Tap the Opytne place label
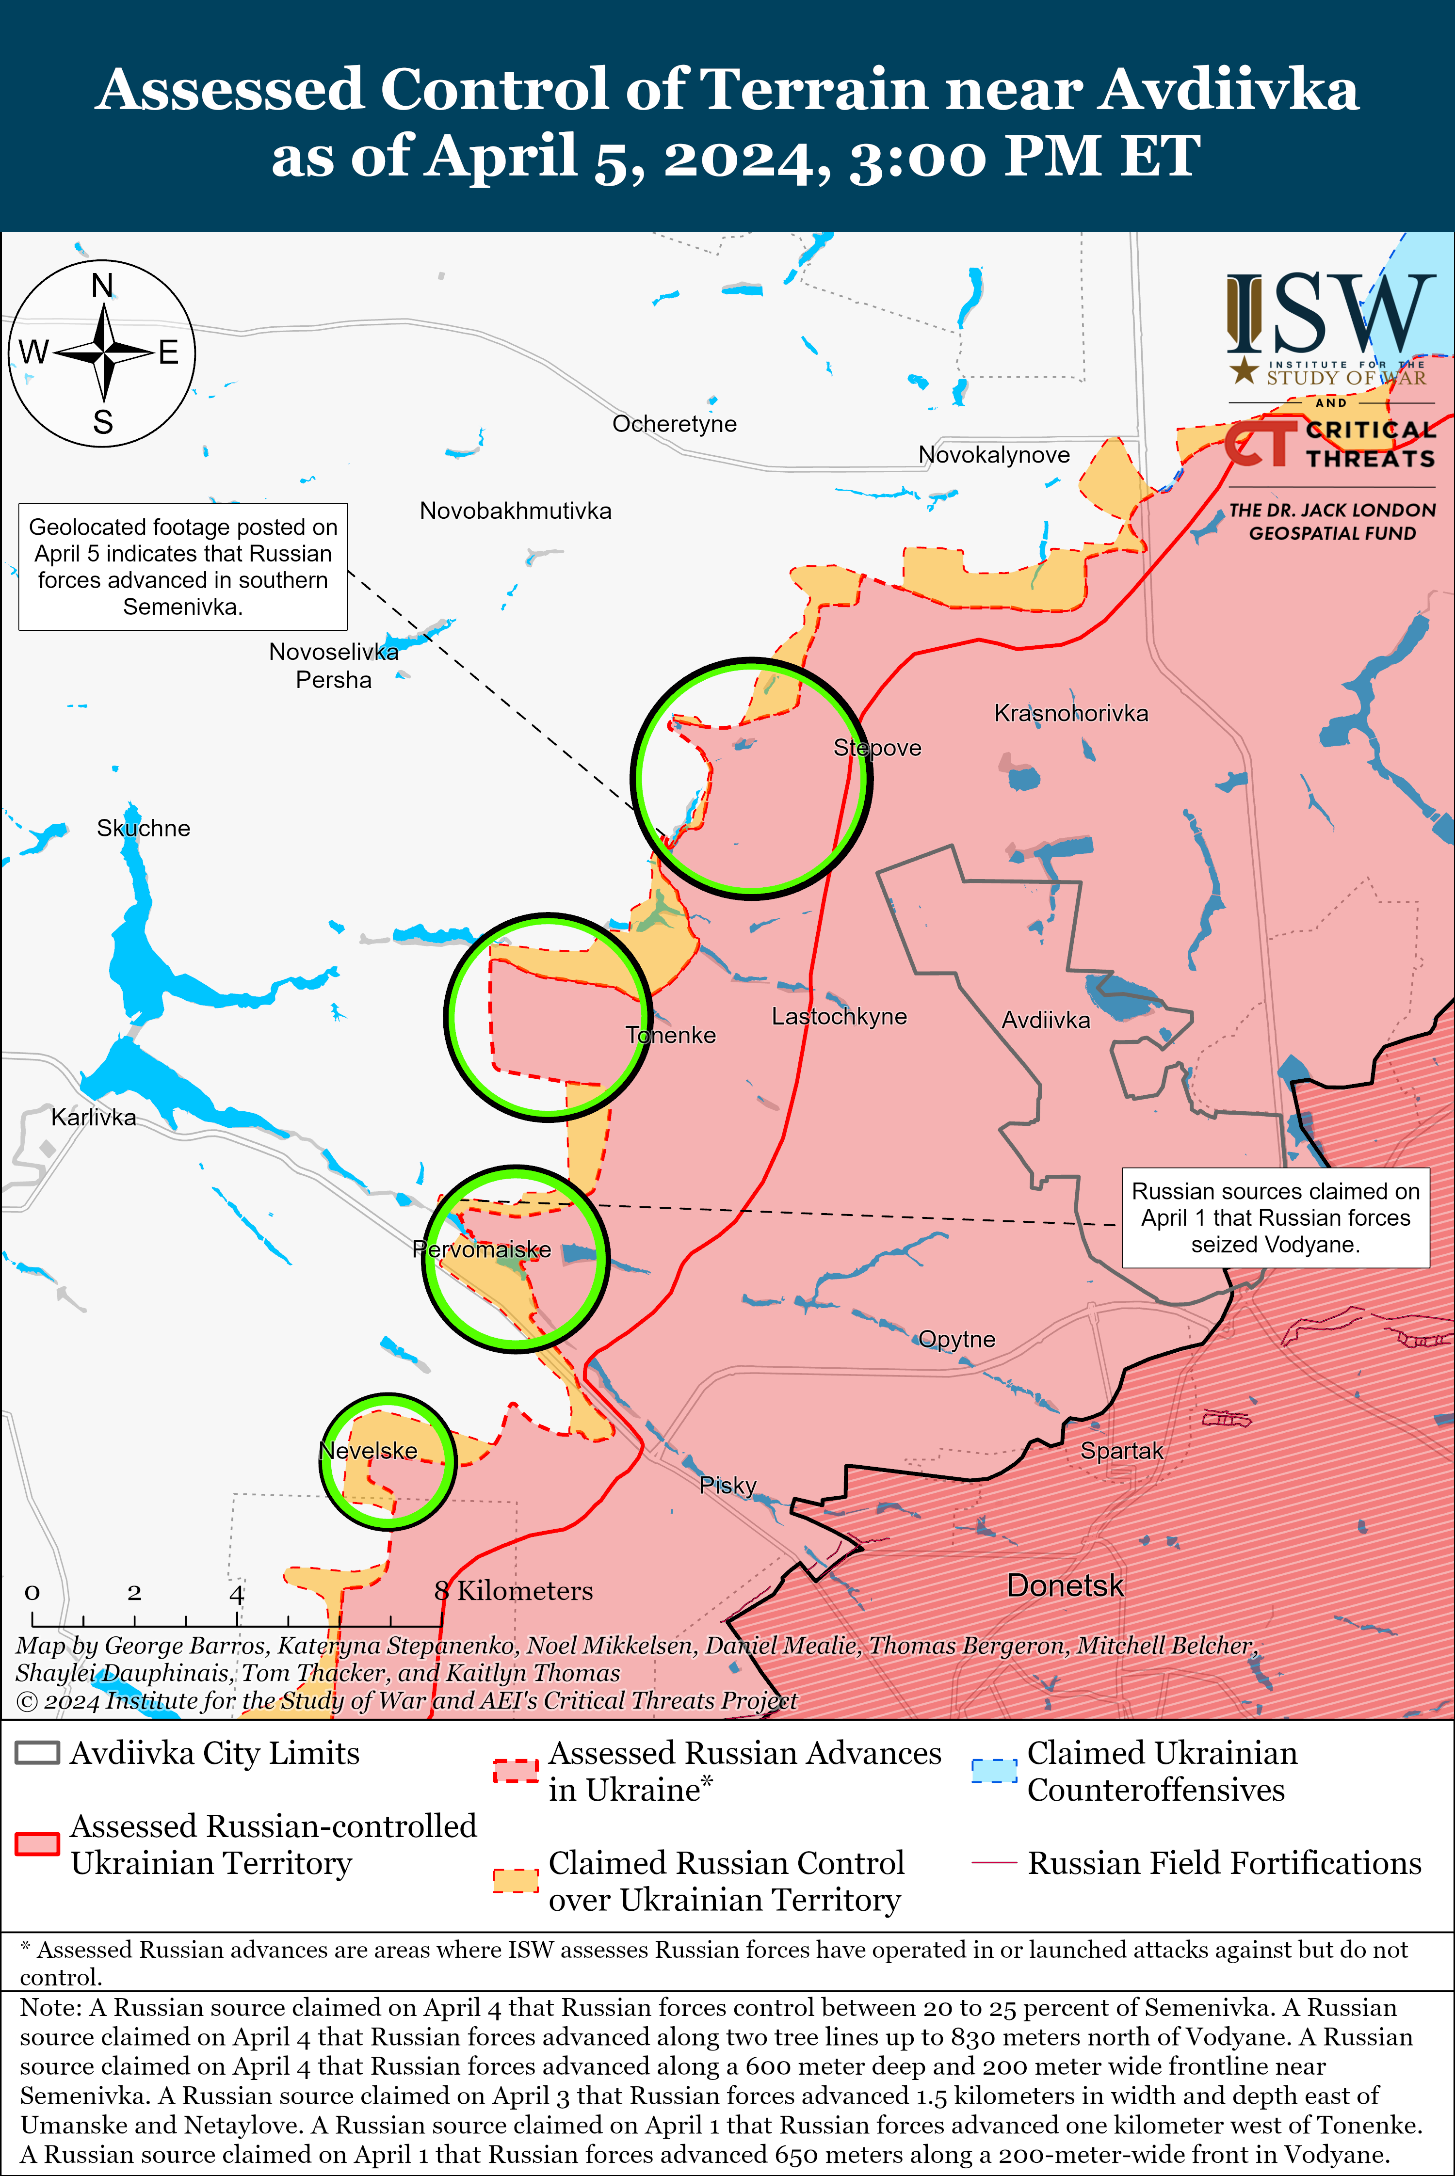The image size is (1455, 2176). point(957,1339)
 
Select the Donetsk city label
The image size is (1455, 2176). point(1065,1585)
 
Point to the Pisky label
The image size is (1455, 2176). point(727,1485)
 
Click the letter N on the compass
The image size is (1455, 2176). point(102,286)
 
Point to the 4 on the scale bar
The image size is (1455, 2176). point(237,1594)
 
